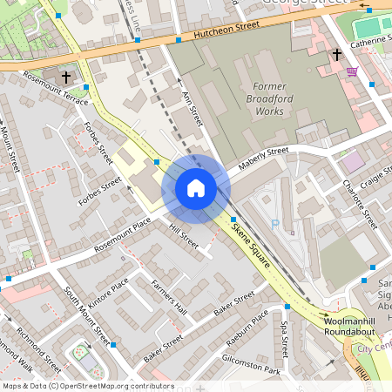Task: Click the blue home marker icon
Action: (195, 188)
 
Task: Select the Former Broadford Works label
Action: (268, 98)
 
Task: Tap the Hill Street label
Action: (185, 238)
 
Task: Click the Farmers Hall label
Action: (168, 296)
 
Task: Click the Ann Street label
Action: (192, 111)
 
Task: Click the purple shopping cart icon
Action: (352, 71)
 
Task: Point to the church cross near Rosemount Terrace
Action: (90, 87)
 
